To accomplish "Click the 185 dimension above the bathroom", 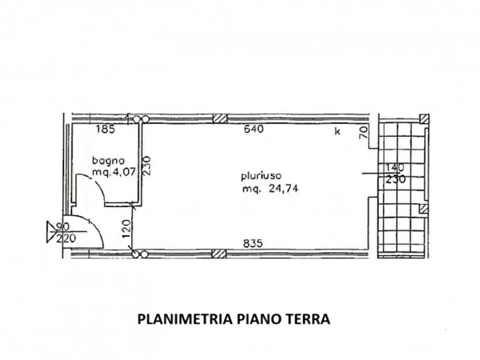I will click(105, 129).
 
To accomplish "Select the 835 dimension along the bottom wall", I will click(253, 243).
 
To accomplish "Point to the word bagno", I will click(108, 160).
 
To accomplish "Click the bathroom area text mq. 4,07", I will click(110, 172).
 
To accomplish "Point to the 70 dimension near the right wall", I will click(363, 132).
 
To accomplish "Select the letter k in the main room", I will click(338, 132).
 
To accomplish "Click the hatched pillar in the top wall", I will click(219, 119).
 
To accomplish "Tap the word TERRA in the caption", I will click(309, 319).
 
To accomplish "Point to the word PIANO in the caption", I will click(260, 319).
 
